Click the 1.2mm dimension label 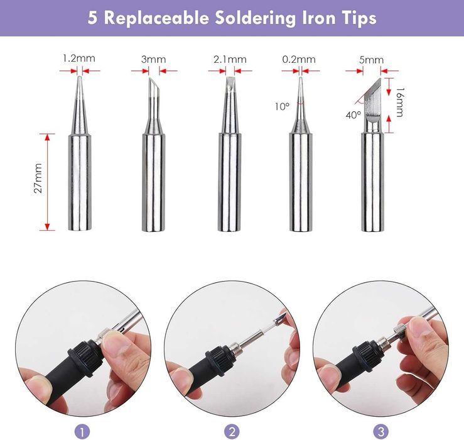(x=79, y=58)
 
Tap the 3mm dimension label (x=154, y=59)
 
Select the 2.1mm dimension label (x=230, y=59)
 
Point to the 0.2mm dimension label (x=299, y=59)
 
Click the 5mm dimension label (x=371, y=60)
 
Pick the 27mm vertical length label (x=38, y=178)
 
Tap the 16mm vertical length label (x=399, y=102)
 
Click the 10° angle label (x=283, y=106)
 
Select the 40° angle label (x=353, y=114)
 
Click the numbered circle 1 (x=82, y=431)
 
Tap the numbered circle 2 (x=232, y=431)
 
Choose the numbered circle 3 (x=381, y=431)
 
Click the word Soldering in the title (x=256, y=18)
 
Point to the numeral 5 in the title (x=92, y=18)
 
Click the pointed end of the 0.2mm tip (x=301, y=78)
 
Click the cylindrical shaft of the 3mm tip (x=154, y=182)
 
